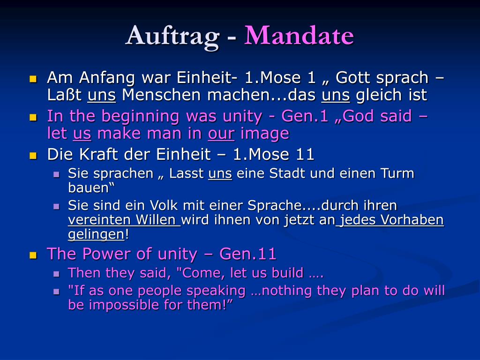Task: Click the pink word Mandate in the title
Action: (299, 36)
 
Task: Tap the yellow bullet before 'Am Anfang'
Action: (33, 79)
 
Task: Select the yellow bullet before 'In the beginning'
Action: (33, 118)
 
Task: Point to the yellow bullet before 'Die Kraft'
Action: (33, 156)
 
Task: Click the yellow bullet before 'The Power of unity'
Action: (33, 255)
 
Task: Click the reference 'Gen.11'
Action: (248, 254)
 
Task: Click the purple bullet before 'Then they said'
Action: (56, 274)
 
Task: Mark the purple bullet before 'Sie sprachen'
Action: (56, 175)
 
